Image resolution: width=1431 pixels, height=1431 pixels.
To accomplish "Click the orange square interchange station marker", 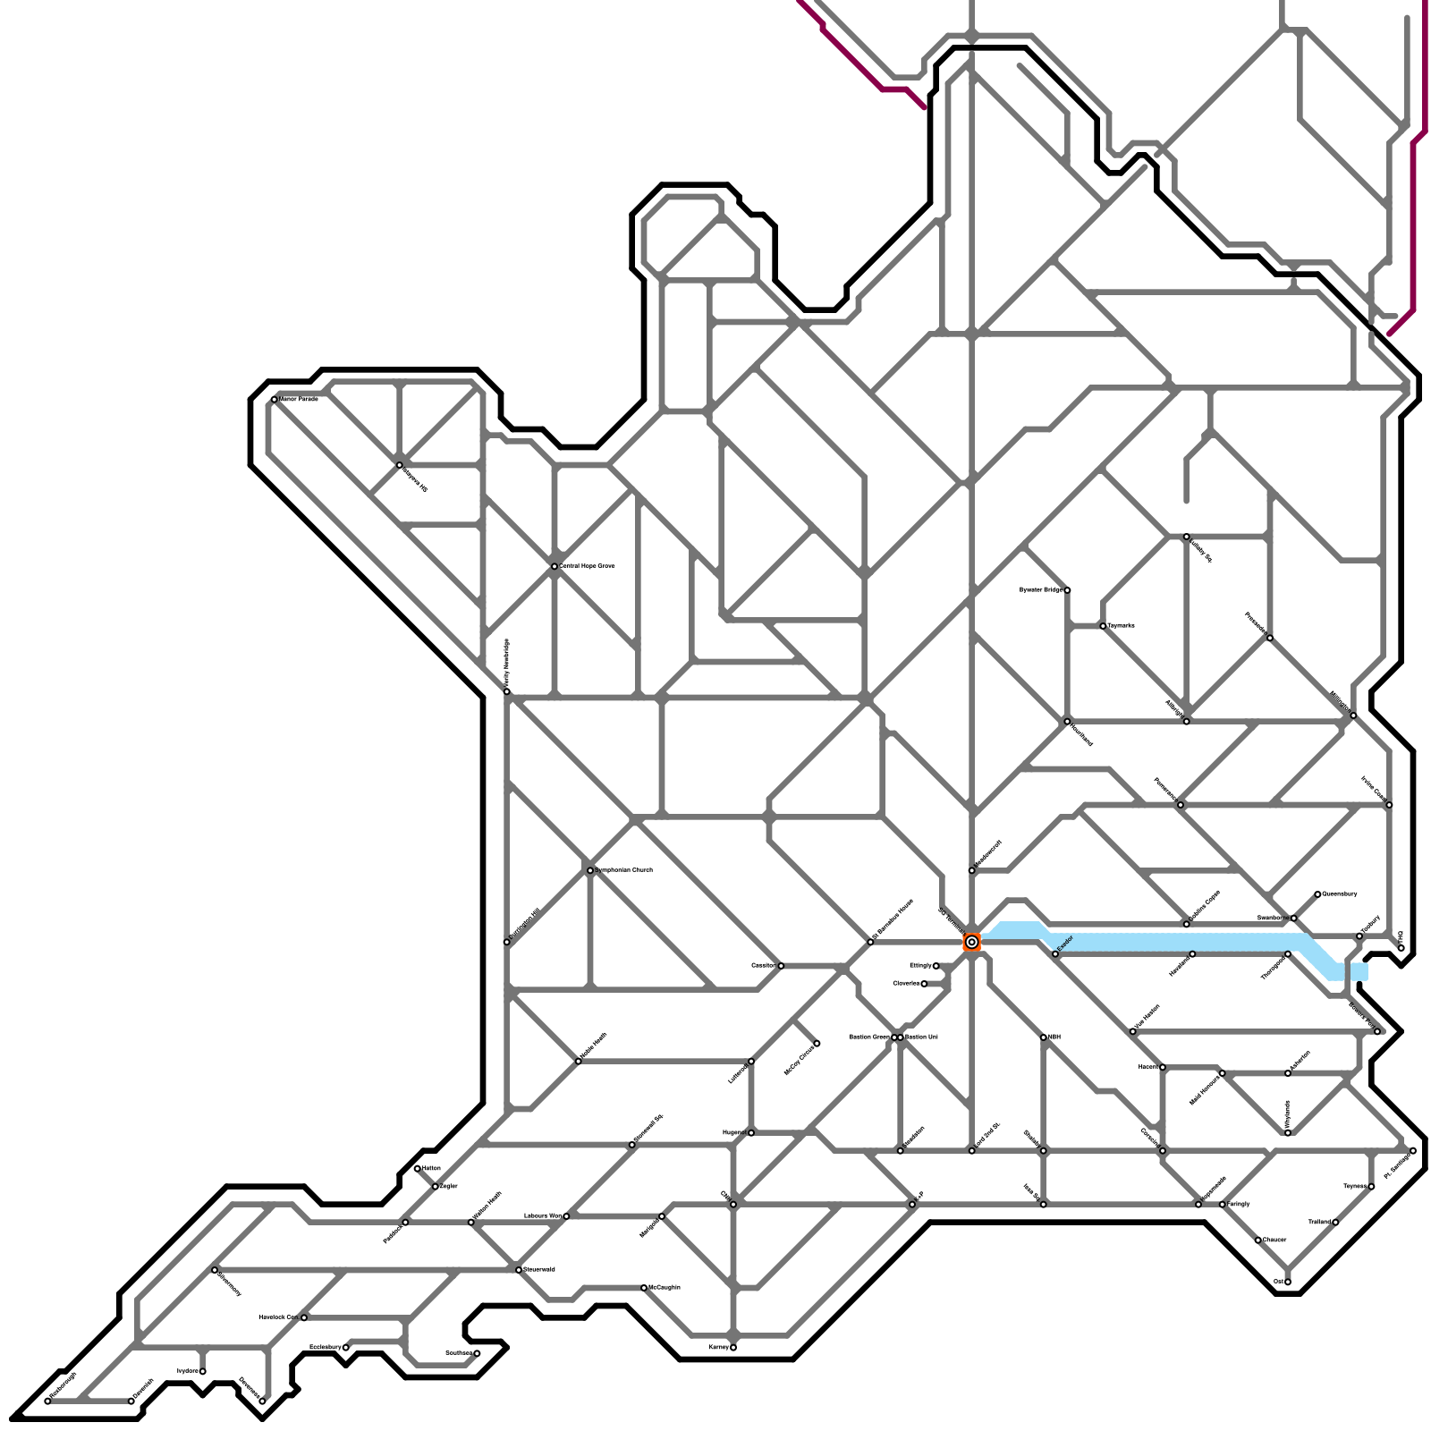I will [x=971, y=942].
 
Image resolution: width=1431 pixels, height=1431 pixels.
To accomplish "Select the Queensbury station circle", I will [x=1317, y=894].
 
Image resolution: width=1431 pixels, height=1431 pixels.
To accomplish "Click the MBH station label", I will [x=1054, y=1037].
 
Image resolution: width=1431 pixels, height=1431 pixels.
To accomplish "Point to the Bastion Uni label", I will [x=921, y=1037].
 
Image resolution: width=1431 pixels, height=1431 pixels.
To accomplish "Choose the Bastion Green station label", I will [x=868, y=1037].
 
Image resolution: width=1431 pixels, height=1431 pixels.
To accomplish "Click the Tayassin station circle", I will [x=1103, y=626].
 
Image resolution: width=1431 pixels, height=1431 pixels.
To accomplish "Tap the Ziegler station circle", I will [x=436, y=1187].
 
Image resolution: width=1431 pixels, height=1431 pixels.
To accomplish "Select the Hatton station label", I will [x=431, y=1168].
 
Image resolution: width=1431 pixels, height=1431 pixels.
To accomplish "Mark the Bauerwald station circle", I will [x=519, y=1270].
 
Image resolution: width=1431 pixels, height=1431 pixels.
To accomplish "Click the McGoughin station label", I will [x=665, y=1288].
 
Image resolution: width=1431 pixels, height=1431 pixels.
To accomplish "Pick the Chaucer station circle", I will [x=1257, y=1240].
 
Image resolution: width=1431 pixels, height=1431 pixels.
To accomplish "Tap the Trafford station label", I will [x=1319, y=1222].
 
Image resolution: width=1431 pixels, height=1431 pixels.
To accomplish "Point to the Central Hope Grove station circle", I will [x=555, y=566].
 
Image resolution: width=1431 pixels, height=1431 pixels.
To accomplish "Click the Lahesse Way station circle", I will [x=566, y=1216].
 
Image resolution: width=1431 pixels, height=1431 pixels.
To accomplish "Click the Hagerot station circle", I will [x=750, y=1133].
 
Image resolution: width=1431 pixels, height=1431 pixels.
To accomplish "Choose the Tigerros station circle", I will [x=1371, y=1187].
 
